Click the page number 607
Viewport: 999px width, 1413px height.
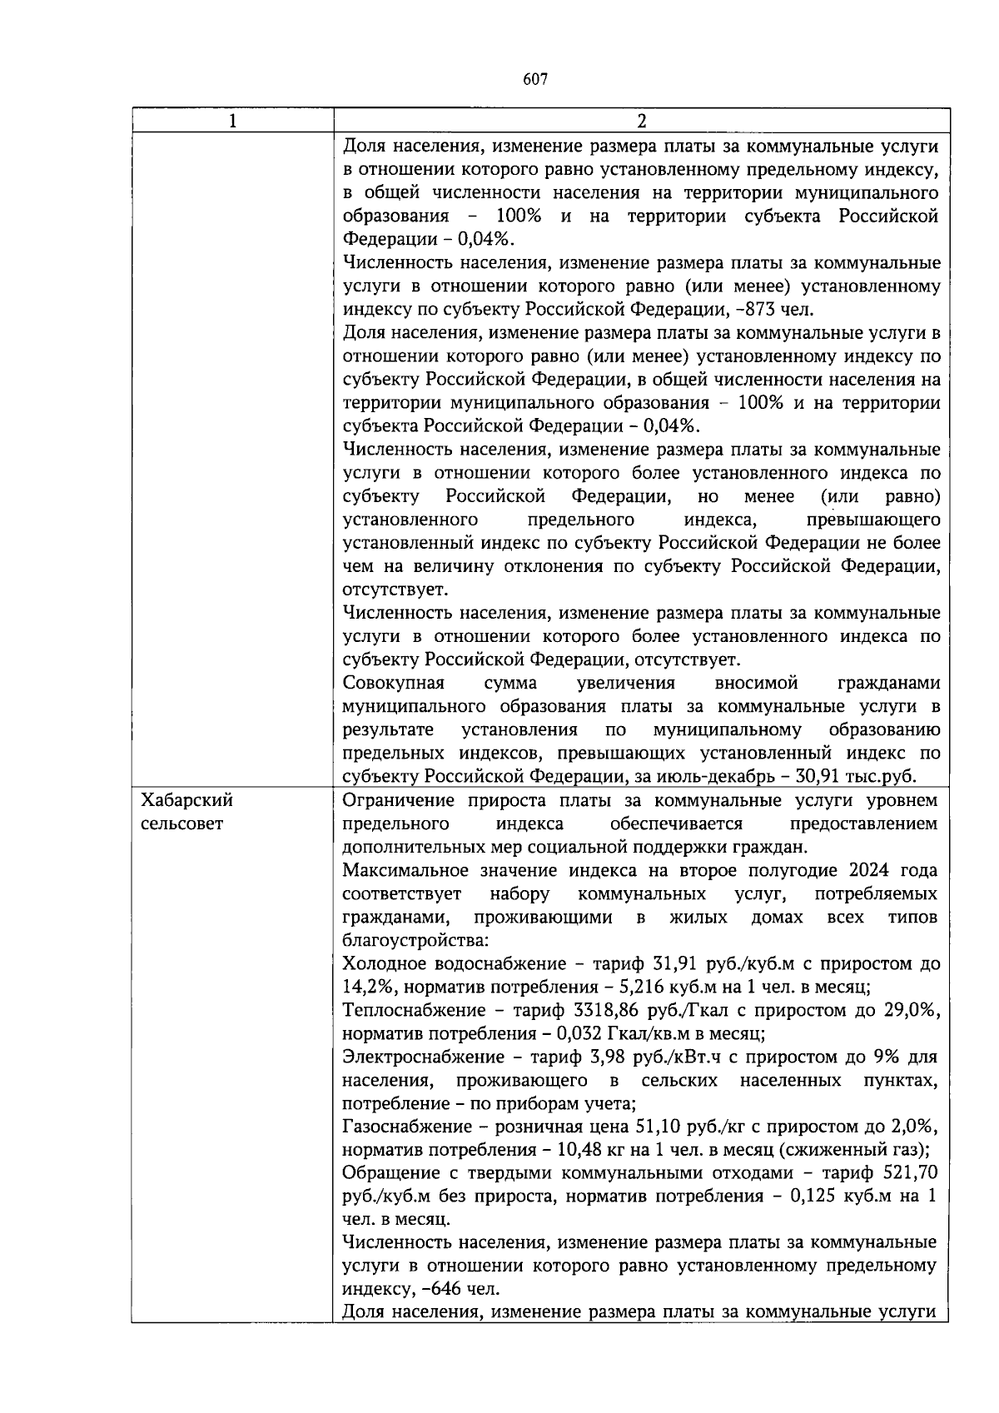(x=535, y=80)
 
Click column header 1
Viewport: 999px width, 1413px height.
(x=232, y=121)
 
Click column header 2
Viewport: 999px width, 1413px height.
(x=641, y=121)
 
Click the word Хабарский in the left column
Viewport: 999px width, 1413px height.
(x=187, y=801)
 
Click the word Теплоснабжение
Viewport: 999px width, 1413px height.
(x=414, y=1011)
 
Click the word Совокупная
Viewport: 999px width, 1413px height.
(x=393, y=684)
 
